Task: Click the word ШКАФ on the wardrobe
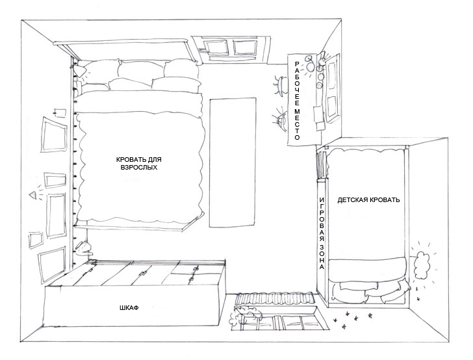129,308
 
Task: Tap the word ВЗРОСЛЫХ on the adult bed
139,167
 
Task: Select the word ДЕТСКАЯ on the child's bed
351,199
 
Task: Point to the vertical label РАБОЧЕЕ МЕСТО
297,101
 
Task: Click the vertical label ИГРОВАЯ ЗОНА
322,233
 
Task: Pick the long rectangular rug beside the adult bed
233,162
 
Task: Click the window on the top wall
231,49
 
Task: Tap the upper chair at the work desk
281,86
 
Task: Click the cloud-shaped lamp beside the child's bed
422,265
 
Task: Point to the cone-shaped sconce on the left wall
33,195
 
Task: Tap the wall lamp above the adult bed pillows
80,72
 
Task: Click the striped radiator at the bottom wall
275,298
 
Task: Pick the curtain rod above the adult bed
121,42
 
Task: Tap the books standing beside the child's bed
322,165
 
